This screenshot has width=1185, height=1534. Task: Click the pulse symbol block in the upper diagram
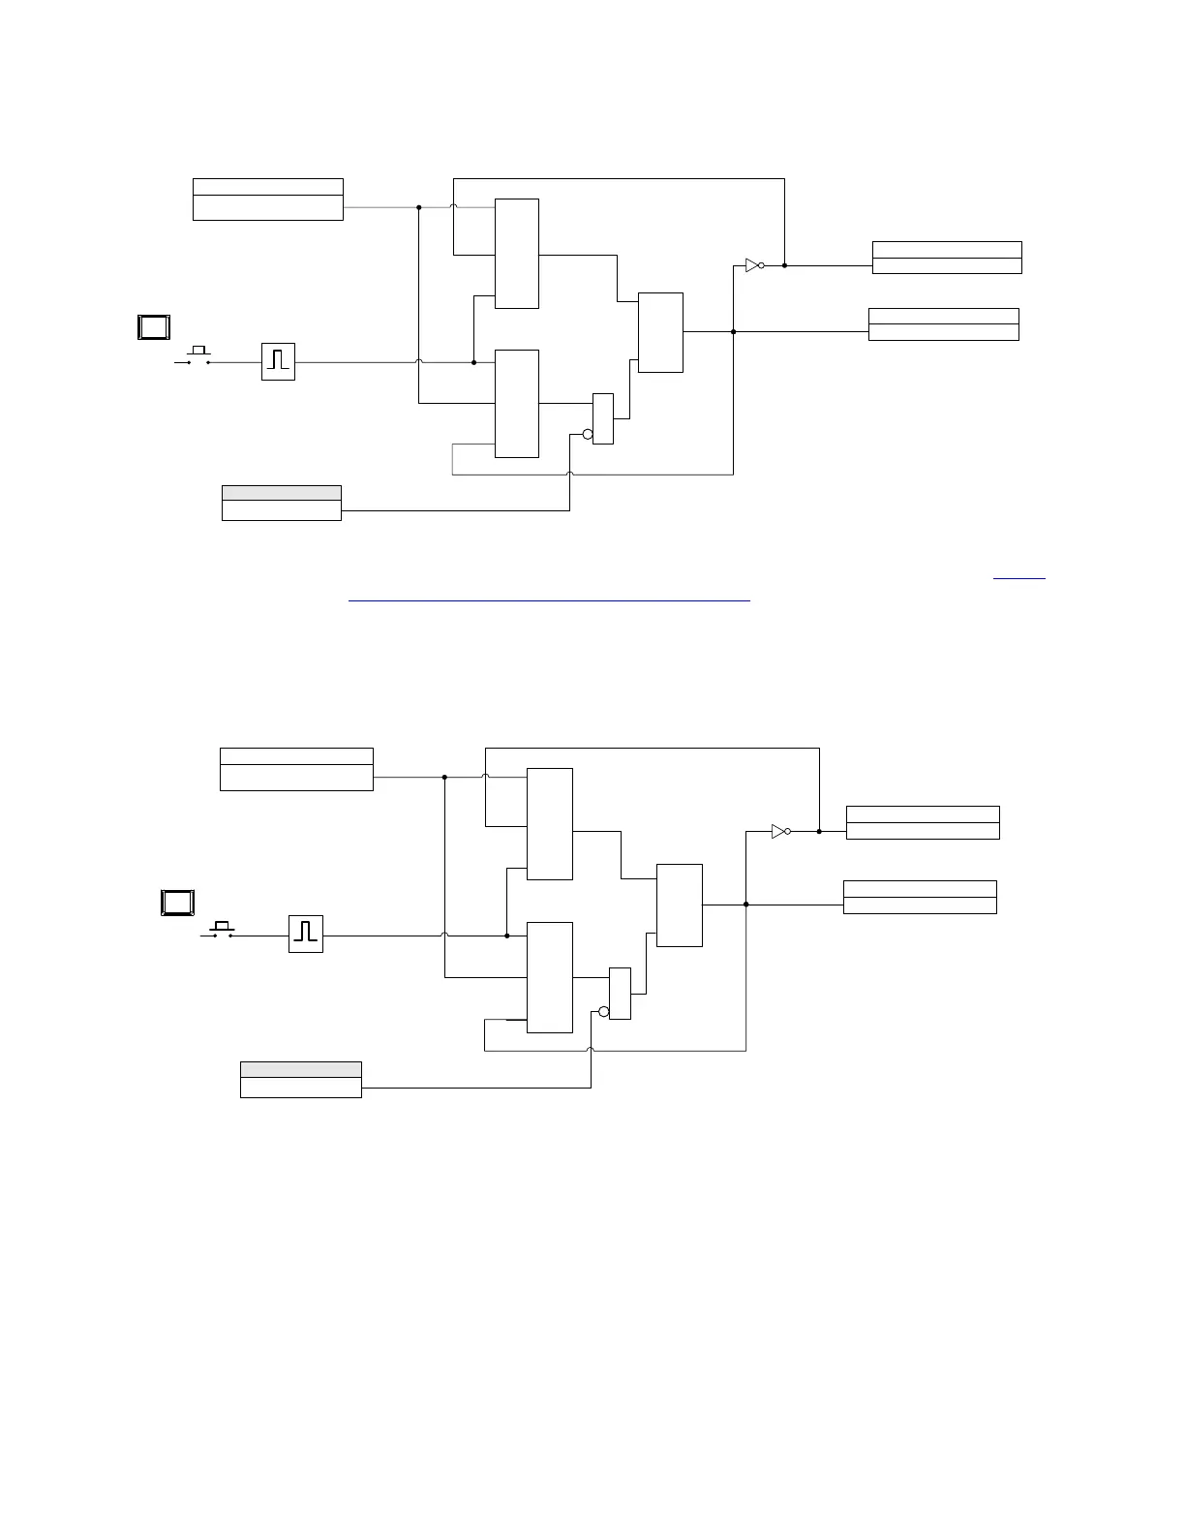(x=278, y=361)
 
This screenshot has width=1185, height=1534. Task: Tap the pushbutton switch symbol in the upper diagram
(x=198, y=356)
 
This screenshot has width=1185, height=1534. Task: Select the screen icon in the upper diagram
(x=154, y=327)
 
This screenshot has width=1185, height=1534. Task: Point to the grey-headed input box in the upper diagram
(x=282, y=503)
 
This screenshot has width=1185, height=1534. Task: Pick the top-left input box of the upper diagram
(x=268, y=199)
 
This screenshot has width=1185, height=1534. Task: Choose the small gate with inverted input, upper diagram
(x=602, y=418)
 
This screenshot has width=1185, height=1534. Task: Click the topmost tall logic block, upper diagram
(x=517, y=254)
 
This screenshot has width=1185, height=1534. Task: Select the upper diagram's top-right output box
(x=947, y=258)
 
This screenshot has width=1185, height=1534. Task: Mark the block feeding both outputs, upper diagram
(x=660, y=332)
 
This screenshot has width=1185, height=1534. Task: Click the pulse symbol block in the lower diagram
(x=306, y=934)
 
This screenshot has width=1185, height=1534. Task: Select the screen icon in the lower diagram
(x=177, y=903)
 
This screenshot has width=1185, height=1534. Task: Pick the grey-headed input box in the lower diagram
(x=301, y=1079)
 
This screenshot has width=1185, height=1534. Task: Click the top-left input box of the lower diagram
(x=296, y=769)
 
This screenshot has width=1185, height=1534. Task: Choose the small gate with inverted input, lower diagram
(x=620, y=993)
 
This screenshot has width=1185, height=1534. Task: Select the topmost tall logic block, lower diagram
(x=550, y=824)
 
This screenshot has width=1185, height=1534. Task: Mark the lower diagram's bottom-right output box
(x=920, y=897)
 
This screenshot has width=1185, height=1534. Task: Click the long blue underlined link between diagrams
(x=549, y=600)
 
